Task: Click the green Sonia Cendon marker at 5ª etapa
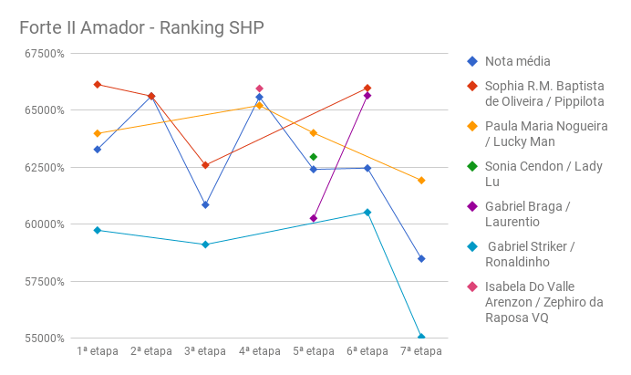pos(314,157)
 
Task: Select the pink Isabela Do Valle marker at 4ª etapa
pos(260,89)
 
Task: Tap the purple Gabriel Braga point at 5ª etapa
pos(314,218)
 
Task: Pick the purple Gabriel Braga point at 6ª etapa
pos(367,96)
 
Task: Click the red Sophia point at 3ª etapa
pos(205,165)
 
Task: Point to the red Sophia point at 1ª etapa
pos(98,85)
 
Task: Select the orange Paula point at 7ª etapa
pos(421,181)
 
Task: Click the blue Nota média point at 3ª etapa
pos(205,204)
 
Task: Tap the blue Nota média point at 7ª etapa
pos(421,259)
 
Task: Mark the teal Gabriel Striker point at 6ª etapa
pos(367,213)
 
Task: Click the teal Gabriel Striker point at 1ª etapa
pos(98,230)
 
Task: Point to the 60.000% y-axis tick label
pos(41,224)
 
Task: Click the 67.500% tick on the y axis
pos(41,53)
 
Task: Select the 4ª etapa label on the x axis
pos(260,351)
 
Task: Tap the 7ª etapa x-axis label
pos(421,351)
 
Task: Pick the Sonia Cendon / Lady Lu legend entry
pos(543,173)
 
